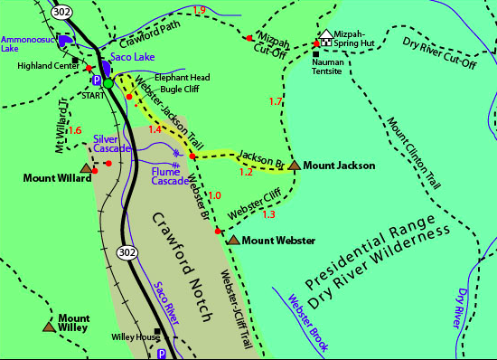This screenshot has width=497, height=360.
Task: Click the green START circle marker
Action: coord(108,83)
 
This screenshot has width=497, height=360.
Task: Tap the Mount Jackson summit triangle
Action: coord(295,166)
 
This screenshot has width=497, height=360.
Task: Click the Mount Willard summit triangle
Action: coord(87,168)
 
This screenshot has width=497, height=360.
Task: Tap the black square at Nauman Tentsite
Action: coord(315,54)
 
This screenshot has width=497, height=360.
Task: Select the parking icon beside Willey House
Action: coord(162,353)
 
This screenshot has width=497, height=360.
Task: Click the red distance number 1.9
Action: coord(200,10)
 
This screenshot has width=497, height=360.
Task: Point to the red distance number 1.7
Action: coord(277,100)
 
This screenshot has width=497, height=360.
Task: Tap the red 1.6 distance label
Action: coord(75,130)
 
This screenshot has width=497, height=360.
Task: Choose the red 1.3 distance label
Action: coord(267,214)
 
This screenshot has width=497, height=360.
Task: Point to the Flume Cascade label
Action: coord(170,175)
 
